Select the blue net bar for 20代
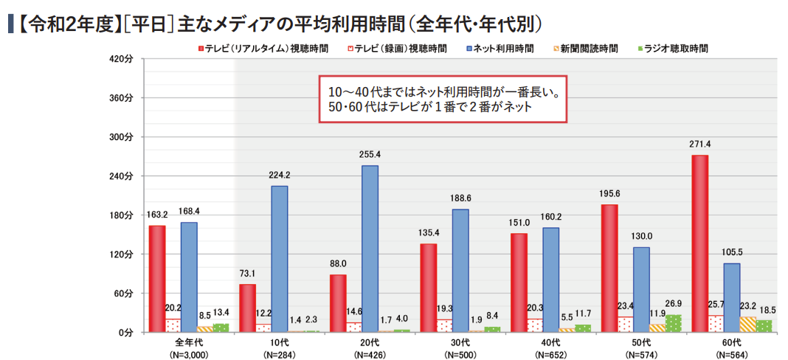coord(370,249)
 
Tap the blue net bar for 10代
coord(279,259)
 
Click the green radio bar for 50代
coord(674,323)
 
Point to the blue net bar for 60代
coord(731,297)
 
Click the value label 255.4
coord(369,155)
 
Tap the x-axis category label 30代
coord(460,343)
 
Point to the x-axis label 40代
coord(550,343)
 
